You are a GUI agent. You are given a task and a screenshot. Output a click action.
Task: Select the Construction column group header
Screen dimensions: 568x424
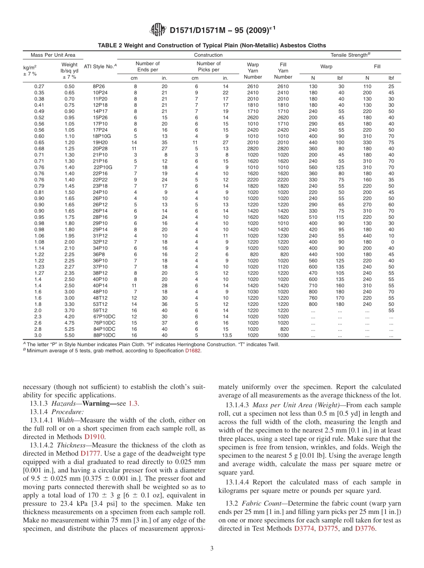pyautogui.click(x=208, y=55)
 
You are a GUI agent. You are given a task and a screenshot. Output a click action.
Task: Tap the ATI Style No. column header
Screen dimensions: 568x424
pyautogui.click(x=100, y=67)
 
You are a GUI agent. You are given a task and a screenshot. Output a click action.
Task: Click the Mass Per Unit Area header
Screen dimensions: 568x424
pyautogui.click(x=53, y=55)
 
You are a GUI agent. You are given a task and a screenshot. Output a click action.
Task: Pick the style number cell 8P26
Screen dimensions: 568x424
pyautogui.click(x=99, y=86)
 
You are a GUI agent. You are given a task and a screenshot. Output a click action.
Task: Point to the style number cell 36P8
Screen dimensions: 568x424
pyautogui.click(x=99, y=254)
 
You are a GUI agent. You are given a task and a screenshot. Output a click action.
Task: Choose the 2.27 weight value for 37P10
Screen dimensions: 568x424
pyautogui.click(x=69, y=267)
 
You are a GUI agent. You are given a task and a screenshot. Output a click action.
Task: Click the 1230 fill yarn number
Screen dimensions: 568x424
pyautogui.click(x=283, y=235)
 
